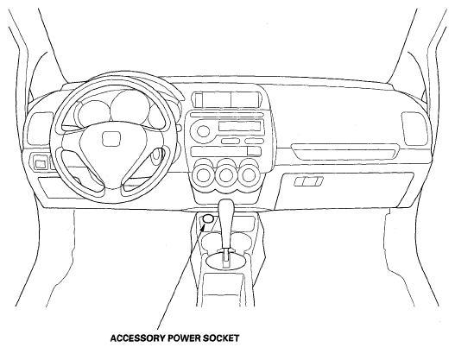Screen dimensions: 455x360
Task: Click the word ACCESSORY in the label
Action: tap(138, 338)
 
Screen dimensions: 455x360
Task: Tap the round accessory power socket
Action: tap(208, 218)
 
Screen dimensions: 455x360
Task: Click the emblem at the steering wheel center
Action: tap(111, 139)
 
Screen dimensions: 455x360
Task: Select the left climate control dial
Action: tap(203, 175)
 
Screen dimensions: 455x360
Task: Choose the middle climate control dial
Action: tap(226, 175)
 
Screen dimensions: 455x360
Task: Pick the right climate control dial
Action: tap(249, 175)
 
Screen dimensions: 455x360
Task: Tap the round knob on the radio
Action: tap(203, 130)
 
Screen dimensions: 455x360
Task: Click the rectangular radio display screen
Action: tap(239, 126)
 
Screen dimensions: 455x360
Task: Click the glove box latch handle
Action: tap(308, 181)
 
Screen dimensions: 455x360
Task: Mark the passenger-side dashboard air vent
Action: tap(414, 129)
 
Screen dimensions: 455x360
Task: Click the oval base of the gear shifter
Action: tap(225, 260)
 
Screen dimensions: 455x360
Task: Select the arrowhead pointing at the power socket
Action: tap(202, 228)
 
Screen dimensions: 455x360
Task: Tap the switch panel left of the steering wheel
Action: tap(40, 161)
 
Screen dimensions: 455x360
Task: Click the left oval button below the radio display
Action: tap(231, 142)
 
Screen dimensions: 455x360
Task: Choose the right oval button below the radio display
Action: tap(254, 142)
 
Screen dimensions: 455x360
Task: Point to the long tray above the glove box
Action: tap(345, 151)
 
